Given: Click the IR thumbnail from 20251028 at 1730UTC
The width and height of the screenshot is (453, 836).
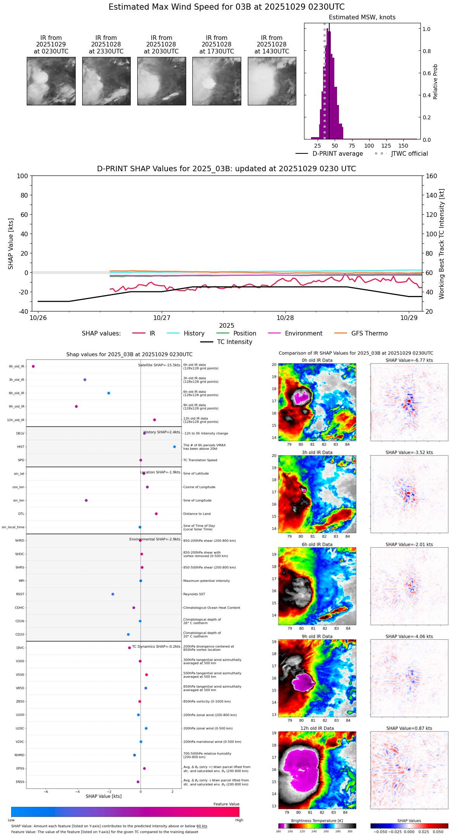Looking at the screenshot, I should click(x=216, y=81).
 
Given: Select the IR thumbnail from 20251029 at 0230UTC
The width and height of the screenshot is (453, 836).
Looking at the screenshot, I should click(x=51, y=81).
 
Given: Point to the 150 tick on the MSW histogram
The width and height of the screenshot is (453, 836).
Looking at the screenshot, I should click(x=403, y=146).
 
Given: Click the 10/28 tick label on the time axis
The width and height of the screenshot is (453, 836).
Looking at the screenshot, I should click(x=285, y=318).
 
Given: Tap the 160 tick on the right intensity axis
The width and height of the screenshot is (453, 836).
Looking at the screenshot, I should click(x=432, y=176).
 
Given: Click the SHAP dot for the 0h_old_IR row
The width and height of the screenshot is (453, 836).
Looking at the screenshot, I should click(x=33, y=366).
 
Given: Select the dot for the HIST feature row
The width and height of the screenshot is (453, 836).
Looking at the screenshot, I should click(x=175, y=447).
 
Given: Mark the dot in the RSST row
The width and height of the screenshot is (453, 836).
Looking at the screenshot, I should click(x=113, y=594).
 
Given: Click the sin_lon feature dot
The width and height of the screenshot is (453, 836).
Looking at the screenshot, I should click(x=86, y=501).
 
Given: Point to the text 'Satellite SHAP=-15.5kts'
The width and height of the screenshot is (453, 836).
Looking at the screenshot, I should click(x=159, y=365).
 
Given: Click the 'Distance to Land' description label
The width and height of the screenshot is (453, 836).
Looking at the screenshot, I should click(x=197, y=514).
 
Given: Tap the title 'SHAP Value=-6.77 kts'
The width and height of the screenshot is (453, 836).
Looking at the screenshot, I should click(x=409, y=360).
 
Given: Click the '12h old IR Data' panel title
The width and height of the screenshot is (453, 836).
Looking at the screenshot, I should click(x=317, y=728).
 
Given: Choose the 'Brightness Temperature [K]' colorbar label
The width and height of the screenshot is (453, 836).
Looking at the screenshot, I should click(x=317, y=821).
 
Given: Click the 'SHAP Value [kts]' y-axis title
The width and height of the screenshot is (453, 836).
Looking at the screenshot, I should click(x=11, y=244).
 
